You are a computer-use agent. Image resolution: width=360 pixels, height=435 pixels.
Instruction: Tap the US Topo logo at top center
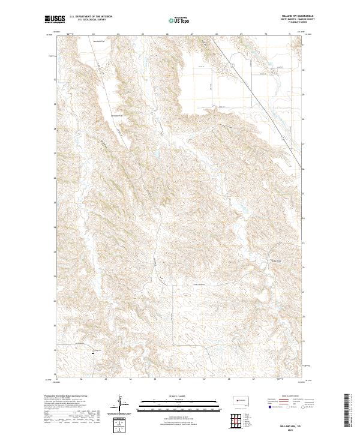[179, 20]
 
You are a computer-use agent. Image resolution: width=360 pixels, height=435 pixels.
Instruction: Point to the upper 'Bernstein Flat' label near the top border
[99, 41]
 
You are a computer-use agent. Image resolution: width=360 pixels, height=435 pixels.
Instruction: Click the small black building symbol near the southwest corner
[93, 353]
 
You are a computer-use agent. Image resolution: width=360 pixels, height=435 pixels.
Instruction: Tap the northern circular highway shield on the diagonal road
[233, 65]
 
